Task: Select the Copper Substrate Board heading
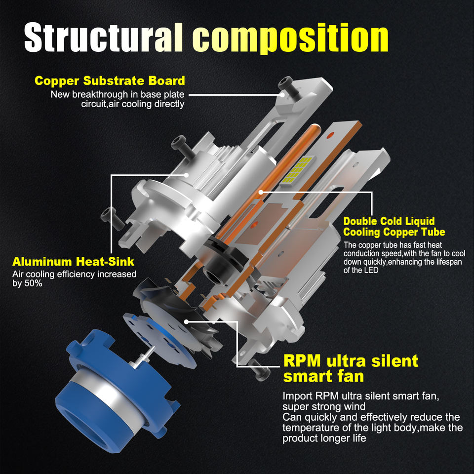(110, 80)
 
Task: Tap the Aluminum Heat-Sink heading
(73, 261)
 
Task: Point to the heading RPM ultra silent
(351, 360)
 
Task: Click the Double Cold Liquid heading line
(389, 221)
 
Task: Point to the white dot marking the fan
(187, 321)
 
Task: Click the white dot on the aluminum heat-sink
(187, 174)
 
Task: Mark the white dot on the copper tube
(260, 191)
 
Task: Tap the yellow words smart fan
(323, 376)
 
